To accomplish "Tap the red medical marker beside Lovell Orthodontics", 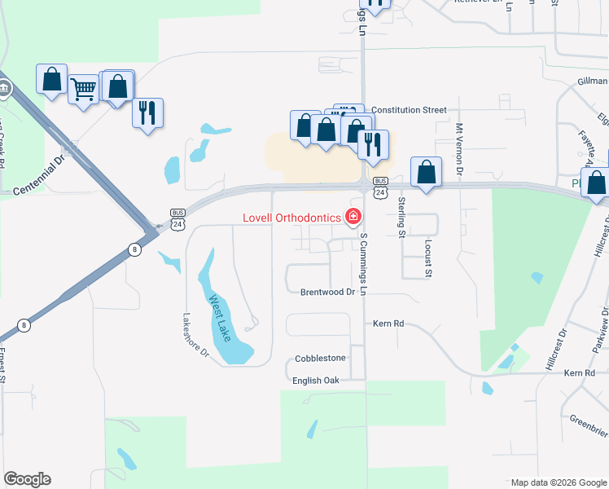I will (x=353, y=216).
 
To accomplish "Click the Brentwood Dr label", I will (x=328, y=292).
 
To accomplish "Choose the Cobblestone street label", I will (x=320, y=358).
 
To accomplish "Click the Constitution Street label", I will (x=409, y=109).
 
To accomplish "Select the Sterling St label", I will (x=401, y=216).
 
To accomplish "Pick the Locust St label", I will (x=427, y=259).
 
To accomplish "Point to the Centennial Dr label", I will (x=49, y=174).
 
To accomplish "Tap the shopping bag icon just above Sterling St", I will (x=426, y=171).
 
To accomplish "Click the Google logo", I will (x=27, y=479).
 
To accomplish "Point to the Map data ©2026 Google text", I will (x=557, y=482).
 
